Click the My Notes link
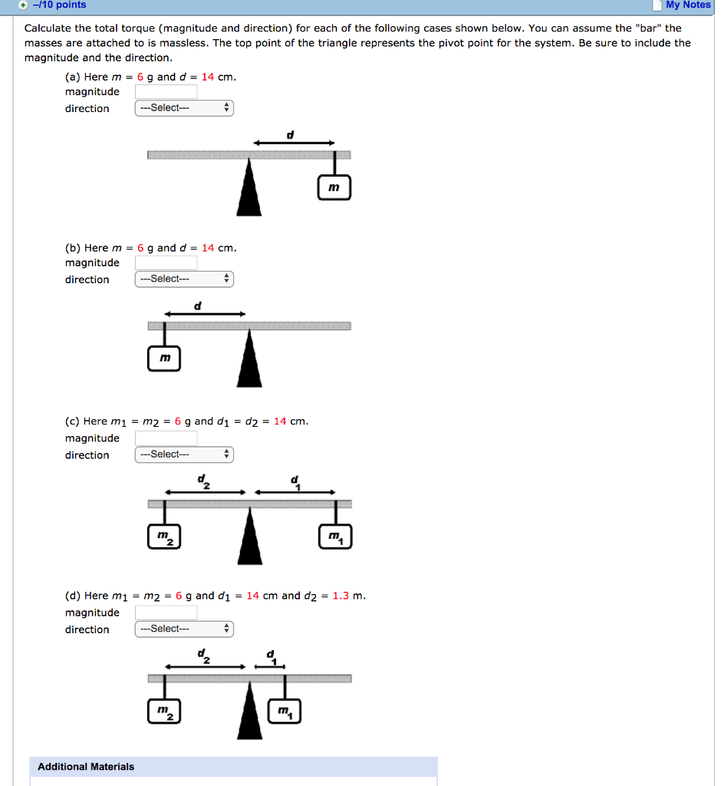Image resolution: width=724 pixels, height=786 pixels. [687, 5]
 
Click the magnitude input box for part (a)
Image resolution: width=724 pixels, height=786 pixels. [166, 92]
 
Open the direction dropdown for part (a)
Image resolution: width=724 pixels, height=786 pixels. [184, 108]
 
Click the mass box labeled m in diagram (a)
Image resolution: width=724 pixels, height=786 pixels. [334, 187]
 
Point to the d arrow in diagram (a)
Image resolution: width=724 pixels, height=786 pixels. [295, 143]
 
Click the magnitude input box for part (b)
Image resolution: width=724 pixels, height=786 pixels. [166, 263]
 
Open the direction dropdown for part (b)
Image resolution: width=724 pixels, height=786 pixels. [184, 279]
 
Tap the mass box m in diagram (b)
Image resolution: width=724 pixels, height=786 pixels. [164, 358]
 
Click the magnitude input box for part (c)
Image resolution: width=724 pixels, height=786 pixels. [166, 438]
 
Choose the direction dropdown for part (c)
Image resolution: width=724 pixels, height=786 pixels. [184, 454]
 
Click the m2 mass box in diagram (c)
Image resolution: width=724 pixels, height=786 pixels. [164, 537]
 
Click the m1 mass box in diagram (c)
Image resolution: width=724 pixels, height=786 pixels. [335, 537]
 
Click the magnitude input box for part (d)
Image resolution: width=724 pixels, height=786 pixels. [166, 613]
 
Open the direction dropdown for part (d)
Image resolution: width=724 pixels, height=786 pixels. [184, 629]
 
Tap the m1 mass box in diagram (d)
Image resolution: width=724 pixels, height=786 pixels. [285, 712]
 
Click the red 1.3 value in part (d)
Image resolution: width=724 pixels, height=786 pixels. [341, 596]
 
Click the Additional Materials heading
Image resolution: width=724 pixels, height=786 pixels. [86, 767]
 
